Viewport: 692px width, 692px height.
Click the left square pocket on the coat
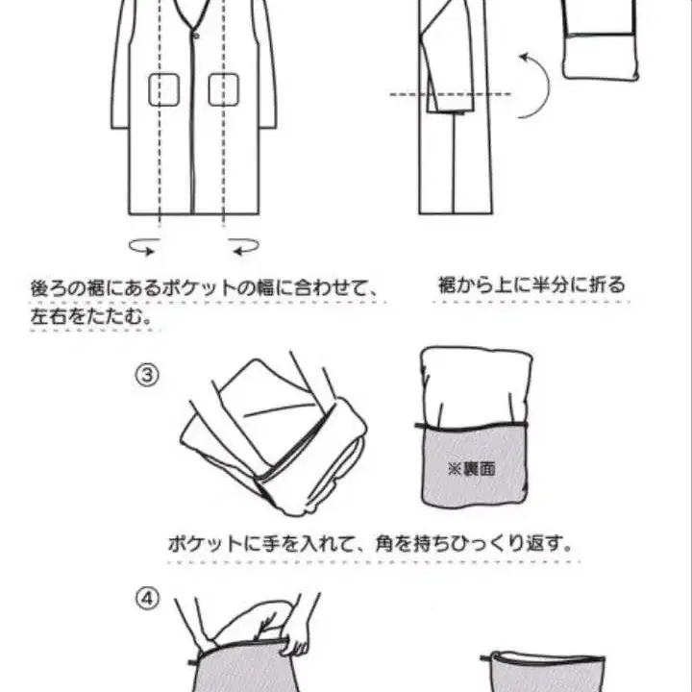[163, 89]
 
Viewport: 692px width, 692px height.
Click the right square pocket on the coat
[223, 89]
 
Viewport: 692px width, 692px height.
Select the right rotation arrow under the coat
[244, 247]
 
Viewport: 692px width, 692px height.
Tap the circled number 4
[145, 598]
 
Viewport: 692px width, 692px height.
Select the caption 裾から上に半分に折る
[530, 284]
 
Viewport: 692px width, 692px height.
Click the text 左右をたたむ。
[92, 315]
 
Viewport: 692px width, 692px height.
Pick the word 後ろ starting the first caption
[46, 287]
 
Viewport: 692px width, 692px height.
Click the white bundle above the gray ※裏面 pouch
[476, 384]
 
